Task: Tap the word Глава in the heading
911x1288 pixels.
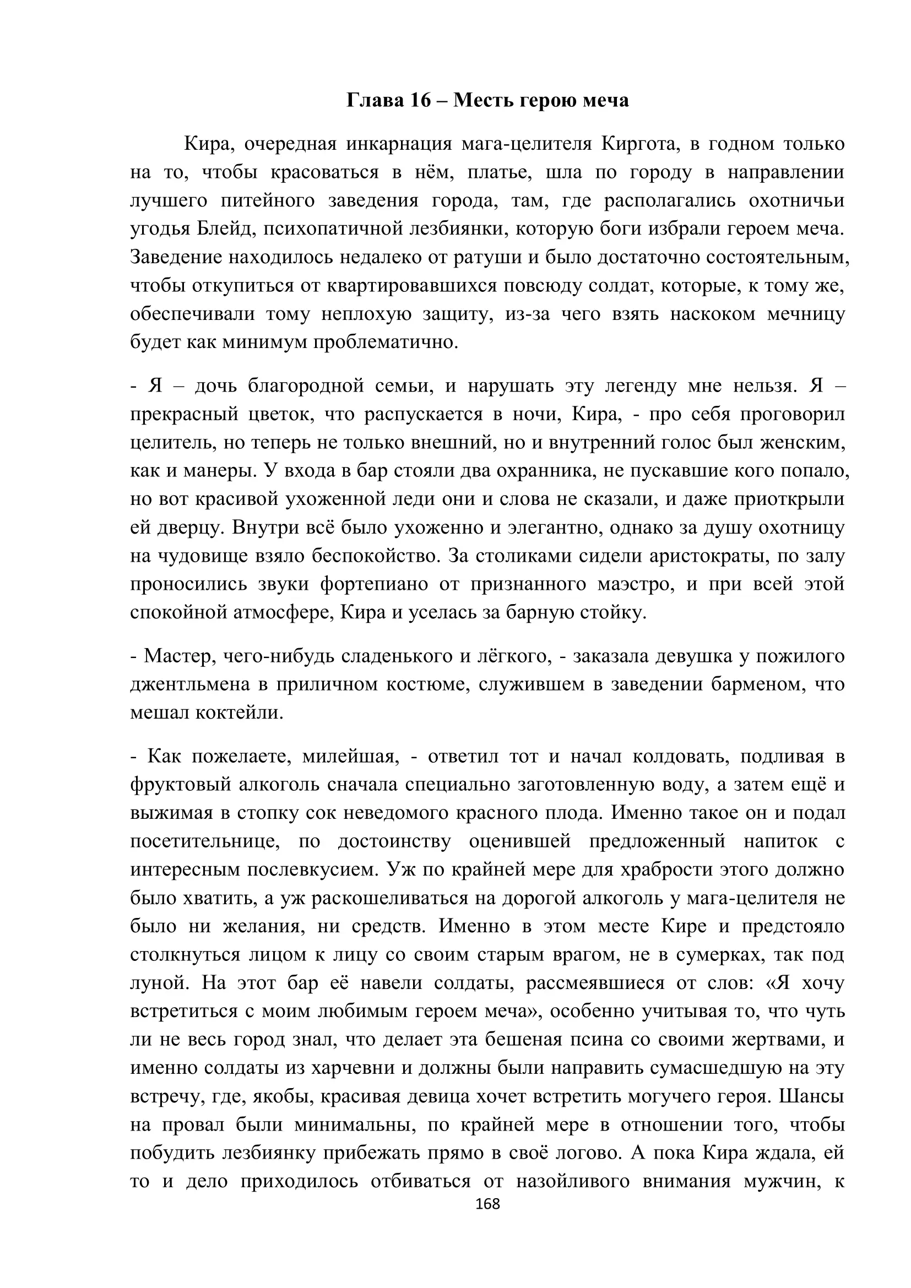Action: (x=372, y=100)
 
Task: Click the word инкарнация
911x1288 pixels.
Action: (x=399, y=145)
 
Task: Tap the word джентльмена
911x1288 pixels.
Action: (x=189, y=684)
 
